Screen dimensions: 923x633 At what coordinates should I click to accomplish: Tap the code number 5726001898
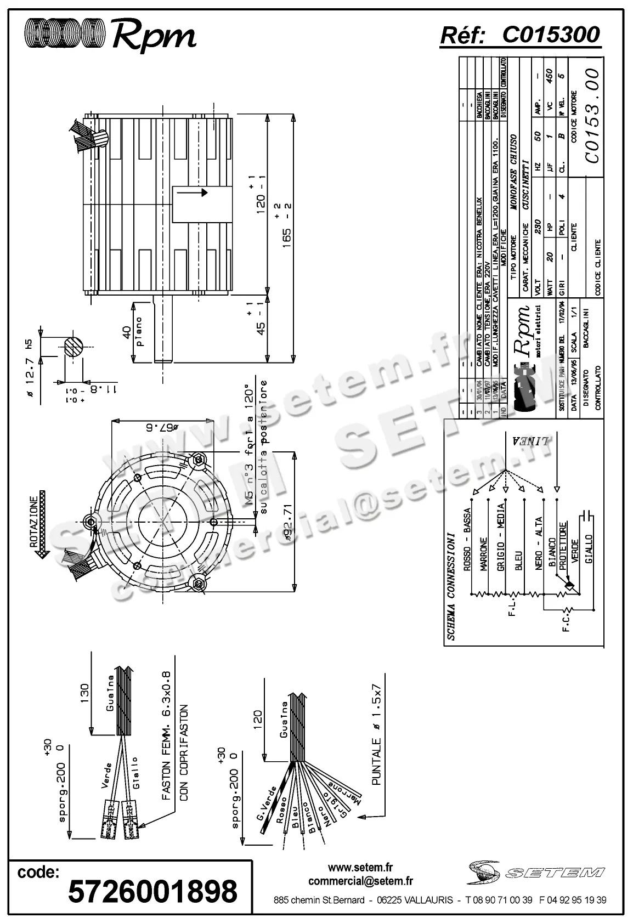point(152,891)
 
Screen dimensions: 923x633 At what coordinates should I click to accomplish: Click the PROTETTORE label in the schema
point(563,546)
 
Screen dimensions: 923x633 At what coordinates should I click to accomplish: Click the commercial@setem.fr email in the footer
point(360,881)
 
